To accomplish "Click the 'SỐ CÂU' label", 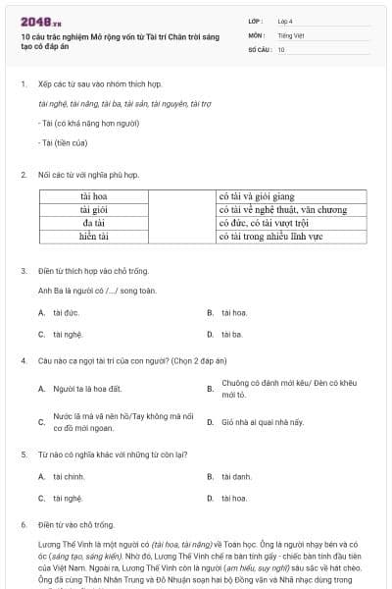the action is pos(259,49).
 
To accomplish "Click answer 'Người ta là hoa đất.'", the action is pos(88,389).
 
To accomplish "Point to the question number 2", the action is pos(23,175).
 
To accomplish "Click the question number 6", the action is pos(23,525).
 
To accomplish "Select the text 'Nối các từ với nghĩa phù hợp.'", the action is pos(89,175).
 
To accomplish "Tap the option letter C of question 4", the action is pos(41,422).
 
